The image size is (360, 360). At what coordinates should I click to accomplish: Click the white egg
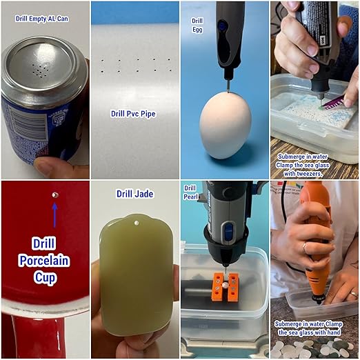[x=226, y=126]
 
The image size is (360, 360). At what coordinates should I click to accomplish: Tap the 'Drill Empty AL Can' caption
[x=42, y=19]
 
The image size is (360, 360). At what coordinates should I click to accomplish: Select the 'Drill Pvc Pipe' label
[x=133, y=114]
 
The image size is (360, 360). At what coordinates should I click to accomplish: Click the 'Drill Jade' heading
[x=135, y=194]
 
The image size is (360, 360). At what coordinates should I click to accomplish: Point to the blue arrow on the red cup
[x=54, y=215]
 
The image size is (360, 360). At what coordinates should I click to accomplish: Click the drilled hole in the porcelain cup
[x=55, y=195]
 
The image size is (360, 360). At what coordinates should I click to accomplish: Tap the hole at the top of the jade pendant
[x=137, y=223]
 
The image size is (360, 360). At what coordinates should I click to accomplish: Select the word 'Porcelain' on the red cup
[x=44, y=261]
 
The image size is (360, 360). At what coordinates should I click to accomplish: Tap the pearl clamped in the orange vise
[x=225, y=286]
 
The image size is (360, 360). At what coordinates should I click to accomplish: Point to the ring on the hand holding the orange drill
[x=305, y=248]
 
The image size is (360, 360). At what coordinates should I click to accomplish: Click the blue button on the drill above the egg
[x=222, y=26]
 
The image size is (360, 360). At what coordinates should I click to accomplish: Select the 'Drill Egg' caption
[x=197, y=26]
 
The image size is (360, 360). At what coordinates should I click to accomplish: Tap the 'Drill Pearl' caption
[x=190, y=192]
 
